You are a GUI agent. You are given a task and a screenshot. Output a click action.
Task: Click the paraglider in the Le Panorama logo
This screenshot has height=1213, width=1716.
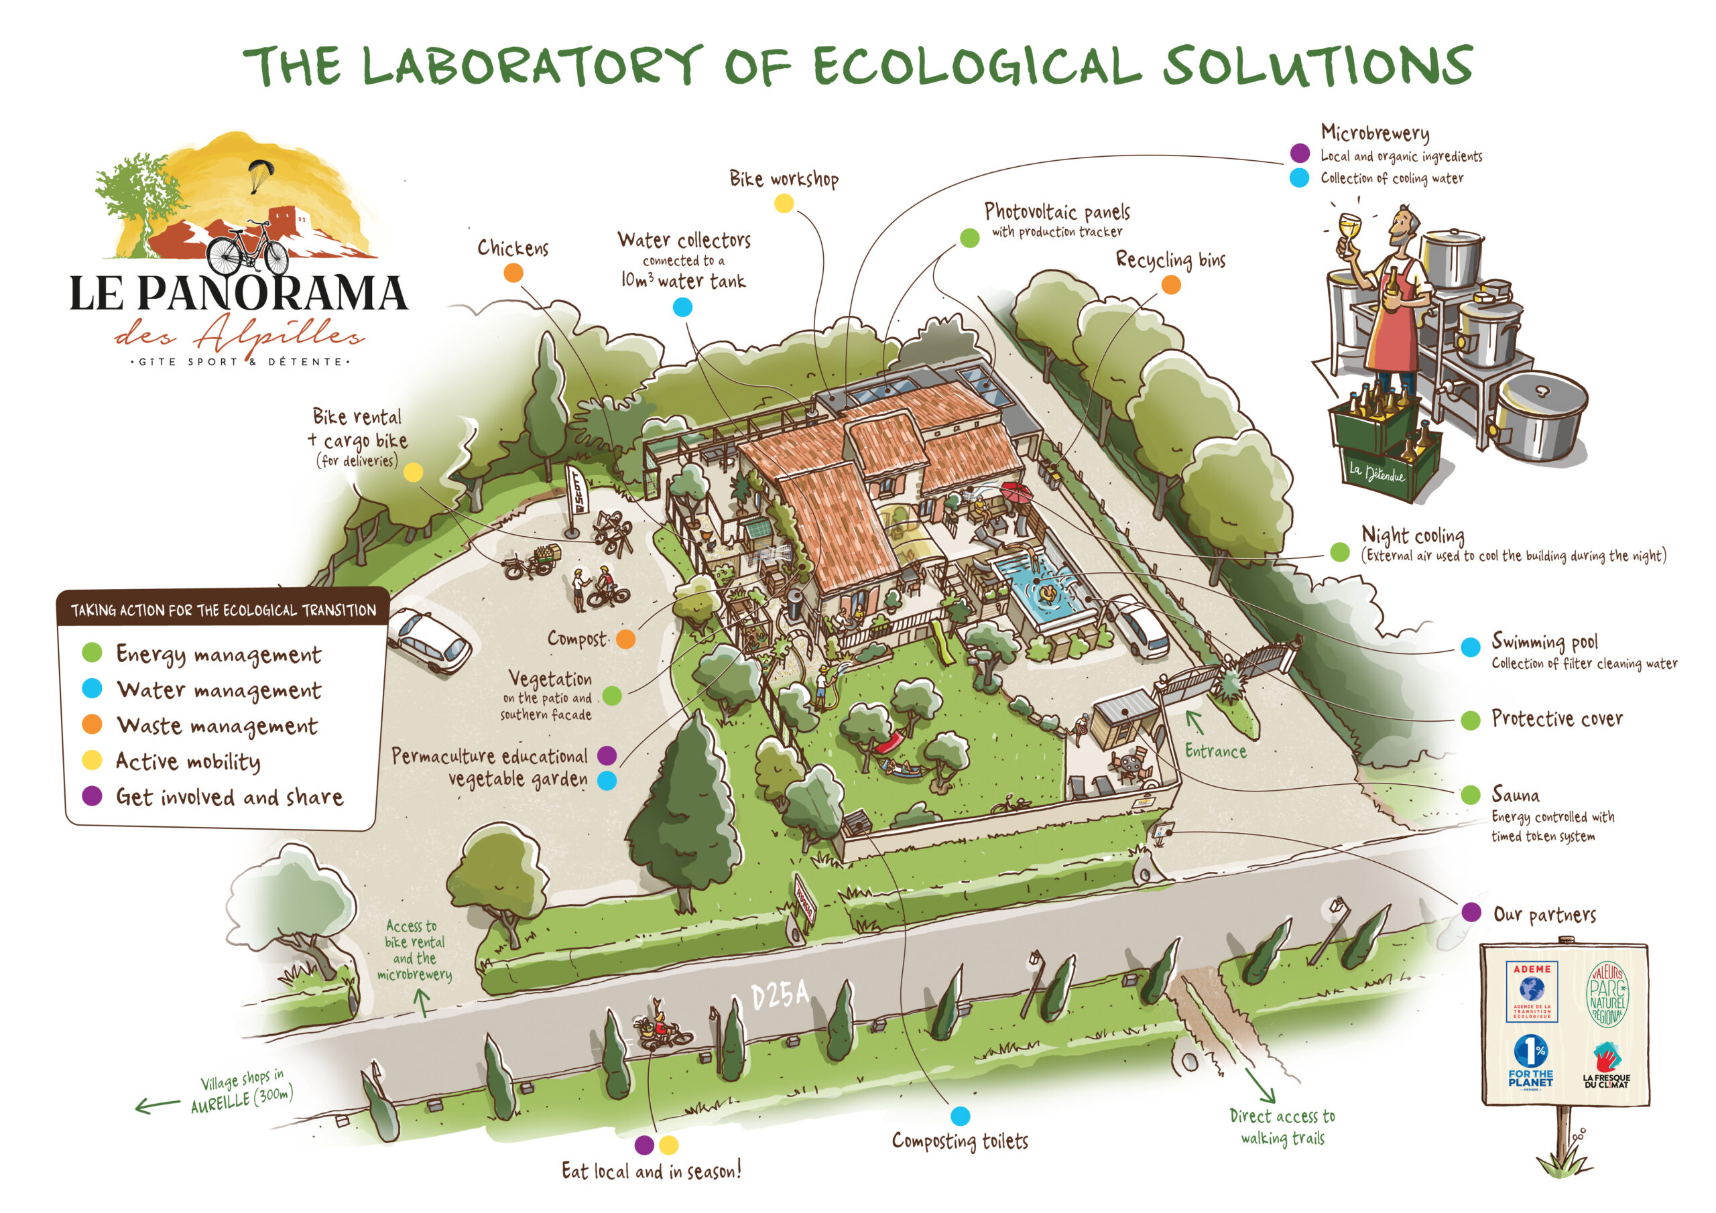pyautogui.click(x=261, y=174)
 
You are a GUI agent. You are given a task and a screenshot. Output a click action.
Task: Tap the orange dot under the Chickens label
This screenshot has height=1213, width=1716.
pyautogui.click(x=513, y=273)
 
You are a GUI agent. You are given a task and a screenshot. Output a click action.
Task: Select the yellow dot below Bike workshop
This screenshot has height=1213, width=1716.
pyautogui.click(x=784, y=203)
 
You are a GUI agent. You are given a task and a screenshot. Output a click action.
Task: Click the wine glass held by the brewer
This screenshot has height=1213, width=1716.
pyautogui.click(x=1349, y=226)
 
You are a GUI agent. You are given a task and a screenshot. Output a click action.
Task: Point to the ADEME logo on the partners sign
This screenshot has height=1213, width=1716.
pyautogui.click(x=1532, y=991)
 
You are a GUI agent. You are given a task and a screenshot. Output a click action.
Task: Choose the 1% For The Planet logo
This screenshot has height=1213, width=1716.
pyautogui.click(x=1530, y=1062)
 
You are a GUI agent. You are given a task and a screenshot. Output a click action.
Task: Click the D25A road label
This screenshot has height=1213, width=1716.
pyautogui.click(x=780, y=994)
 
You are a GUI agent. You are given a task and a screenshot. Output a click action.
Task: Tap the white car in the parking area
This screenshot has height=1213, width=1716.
pyautogui.click(x=429, y=640)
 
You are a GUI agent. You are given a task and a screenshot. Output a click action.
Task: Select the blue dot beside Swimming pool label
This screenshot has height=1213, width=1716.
pyautogui.click(x=1470, y=647)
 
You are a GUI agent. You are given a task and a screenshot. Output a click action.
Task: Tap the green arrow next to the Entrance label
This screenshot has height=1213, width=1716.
pyautogui.click(x=1195, y=722)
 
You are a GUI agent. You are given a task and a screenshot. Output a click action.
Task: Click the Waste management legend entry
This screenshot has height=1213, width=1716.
pyautogui.click(x=217, y=725)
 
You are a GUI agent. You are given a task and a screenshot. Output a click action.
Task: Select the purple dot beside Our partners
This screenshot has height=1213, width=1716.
pyautogui.click(x=1471, y=912)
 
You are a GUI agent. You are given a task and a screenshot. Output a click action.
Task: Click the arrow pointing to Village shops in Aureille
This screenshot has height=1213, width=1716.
pyautogui.click(x=157, y=1104)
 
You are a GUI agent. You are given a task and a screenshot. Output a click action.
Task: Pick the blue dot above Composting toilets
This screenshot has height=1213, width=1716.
pyautogui.click(x=961, y=1116)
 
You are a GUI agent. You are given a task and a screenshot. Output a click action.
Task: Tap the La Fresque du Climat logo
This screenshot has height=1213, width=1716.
pyautogui.click(x=1606, y=1065)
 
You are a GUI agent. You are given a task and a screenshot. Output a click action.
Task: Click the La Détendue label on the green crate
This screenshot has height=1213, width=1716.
pyautogui.click(x=1376, y=472)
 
